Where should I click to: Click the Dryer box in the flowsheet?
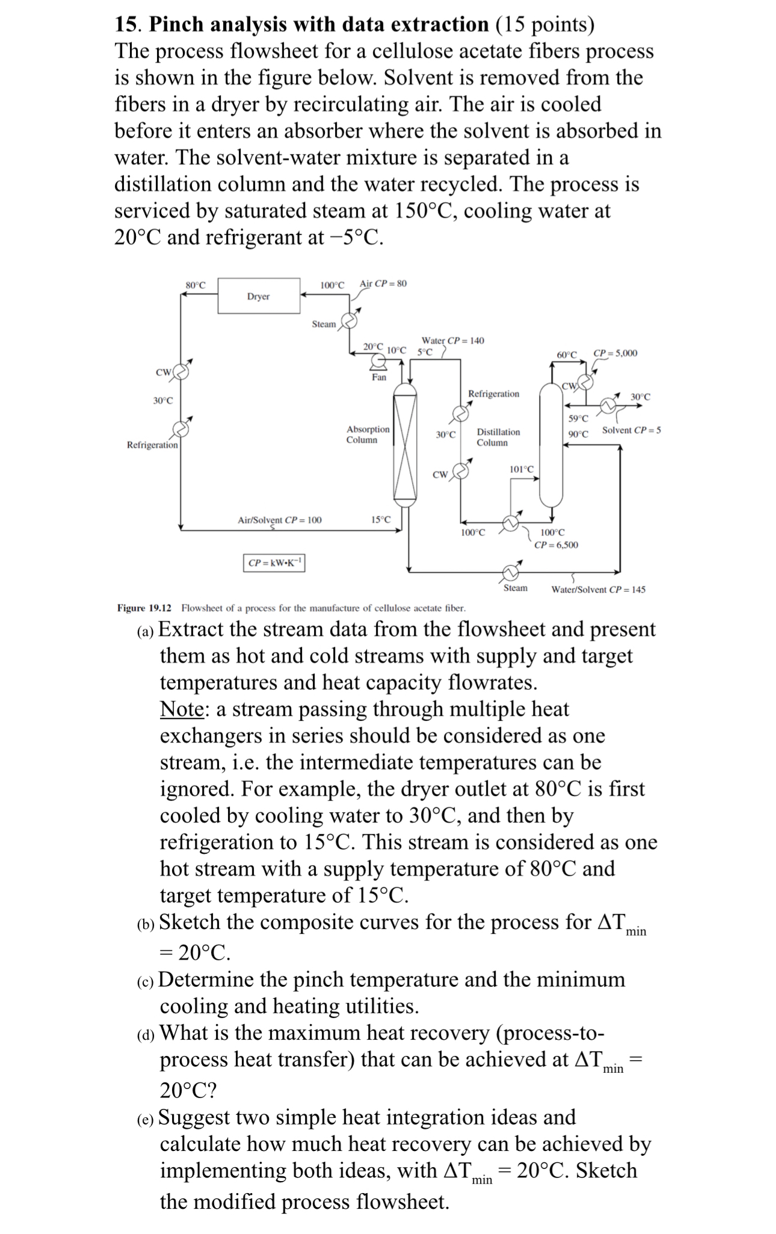pyautogui.click(x=259, y=296)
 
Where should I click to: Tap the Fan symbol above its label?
pyautogui.click(x=378, y=361)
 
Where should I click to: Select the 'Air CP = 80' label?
pyautogui.click(x=383, y=283)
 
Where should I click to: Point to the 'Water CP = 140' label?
pyautogui.click(x=452, y=341)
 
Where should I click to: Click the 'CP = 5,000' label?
pyautogui.click(x=615, y=353)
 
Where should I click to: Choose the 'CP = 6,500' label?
pyautogui.click(x=556, y=545)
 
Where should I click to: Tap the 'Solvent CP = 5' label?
pyautogui.click(x=631, y=430)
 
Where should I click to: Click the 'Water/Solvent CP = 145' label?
pyautogui.click(x=598, y=589)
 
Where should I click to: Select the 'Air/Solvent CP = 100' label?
pyautogui.click(x=280, y=520)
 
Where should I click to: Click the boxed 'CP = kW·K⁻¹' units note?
pyautogui.click(x=274, y=563)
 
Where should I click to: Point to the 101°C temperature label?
pyautogui.click(x=521, y=469)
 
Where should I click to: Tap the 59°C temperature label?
pyautogui.click(x=577, y=419)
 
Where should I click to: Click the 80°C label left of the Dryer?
pyautogui.click(x=196, y=284)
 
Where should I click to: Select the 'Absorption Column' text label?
pyautogui.click(x=367, y=434)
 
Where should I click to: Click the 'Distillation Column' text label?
pyautogui.click(x=498, y=437)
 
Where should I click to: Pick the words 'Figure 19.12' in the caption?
pyautogui.click(x=144, y=608)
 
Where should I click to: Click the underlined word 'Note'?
pyautogui.click(x=182, y=709)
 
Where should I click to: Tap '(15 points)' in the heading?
pyautogui.click(x=544, y=25)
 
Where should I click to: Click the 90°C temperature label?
pyautogui.click(x=577, y=434)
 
